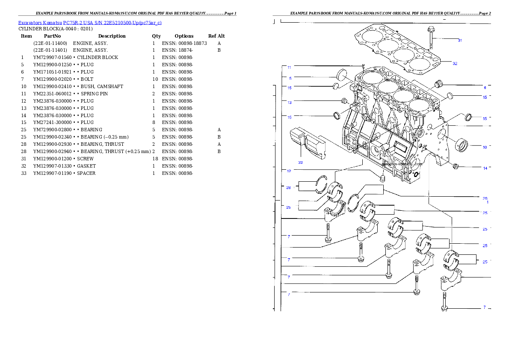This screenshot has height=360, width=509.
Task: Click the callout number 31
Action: click(x=460, y=41)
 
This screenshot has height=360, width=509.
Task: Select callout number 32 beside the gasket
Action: click(x=455, y=63)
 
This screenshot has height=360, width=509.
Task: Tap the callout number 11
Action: click(x=289, y=68)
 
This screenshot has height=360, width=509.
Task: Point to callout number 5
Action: click(x=290, y=78)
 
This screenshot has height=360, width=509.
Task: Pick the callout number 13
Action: click(x=290, y=103)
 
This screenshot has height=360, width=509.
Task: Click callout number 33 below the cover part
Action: click(x=300, y=162)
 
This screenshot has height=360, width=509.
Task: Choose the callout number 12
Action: click(x=289, y=171)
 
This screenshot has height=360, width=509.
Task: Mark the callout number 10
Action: click(x=485, y=148)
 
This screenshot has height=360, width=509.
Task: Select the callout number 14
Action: click(x=485, y=168)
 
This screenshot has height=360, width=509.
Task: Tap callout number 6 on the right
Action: click(x=485, y=87)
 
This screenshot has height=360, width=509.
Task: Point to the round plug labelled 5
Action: click(x=342, y=75)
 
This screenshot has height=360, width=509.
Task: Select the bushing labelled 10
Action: click(x=462, y=145)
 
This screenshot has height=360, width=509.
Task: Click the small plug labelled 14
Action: click(x=456, y=166)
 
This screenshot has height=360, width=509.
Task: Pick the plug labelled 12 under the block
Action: click(x=383, y=177)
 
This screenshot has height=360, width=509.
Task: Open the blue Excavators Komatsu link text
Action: click(x=90, y=23)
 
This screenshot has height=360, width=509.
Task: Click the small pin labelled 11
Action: click(x=363, y=66)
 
